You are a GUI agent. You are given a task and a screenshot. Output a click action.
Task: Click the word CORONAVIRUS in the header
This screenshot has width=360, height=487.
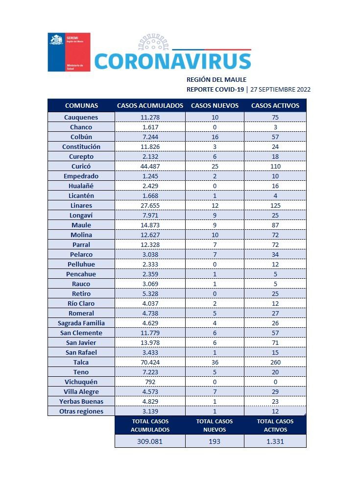click(172, 61)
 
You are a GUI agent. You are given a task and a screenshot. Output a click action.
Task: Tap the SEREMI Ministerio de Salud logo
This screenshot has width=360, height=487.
click(69, 52)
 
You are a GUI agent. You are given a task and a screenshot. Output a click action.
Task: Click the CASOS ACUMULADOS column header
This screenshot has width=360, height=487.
click(150, 106)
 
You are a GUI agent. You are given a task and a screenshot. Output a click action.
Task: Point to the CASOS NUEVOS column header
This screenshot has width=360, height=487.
click(215, 106)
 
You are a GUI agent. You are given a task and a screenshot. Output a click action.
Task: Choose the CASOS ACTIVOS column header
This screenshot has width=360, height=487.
click(275, 106)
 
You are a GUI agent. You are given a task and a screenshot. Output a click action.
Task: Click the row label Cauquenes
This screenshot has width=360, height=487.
click(81, 117)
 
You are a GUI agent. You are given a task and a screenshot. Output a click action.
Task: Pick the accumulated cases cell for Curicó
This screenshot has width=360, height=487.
click(150, 166)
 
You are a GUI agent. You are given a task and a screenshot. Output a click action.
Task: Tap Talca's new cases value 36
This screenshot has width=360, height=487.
click(215, 362)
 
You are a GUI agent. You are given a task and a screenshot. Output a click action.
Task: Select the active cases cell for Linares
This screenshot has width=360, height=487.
click(275, 205)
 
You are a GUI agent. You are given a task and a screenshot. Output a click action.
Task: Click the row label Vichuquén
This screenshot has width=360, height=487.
click(81, 382)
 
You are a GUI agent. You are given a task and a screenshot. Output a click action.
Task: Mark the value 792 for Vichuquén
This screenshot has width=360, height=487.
click(150, 382)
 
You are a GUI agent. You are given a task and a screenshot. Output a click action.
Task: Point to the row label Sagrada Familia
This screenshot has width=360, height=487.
click(81, 323)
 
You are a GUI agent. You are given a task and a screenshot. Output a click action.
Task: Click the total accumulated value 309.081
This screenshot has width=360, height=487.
click(150, 441)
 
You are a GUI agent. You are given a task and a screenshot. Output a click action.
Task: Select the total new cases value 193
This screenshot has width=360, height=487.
click(215, 441)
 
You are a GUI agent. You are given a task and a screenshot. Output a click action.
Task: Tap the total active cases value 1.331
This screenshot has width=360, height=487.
click(275, 441)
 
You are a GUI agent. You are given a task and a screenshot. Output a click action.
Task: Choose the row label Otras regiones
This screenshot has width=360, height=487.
click(81, 411)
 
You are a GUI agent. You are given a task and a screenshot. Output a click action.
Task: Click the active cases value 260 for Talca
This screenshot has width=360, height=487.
click(275, 362)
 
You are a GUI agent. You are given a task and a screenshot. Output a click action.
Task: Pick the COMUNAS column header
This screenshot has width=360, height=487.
click(81, 106)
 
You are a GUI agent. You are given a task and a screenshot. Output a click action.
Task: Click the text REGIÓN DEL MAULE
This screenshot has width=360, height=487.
click(216, 79)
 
